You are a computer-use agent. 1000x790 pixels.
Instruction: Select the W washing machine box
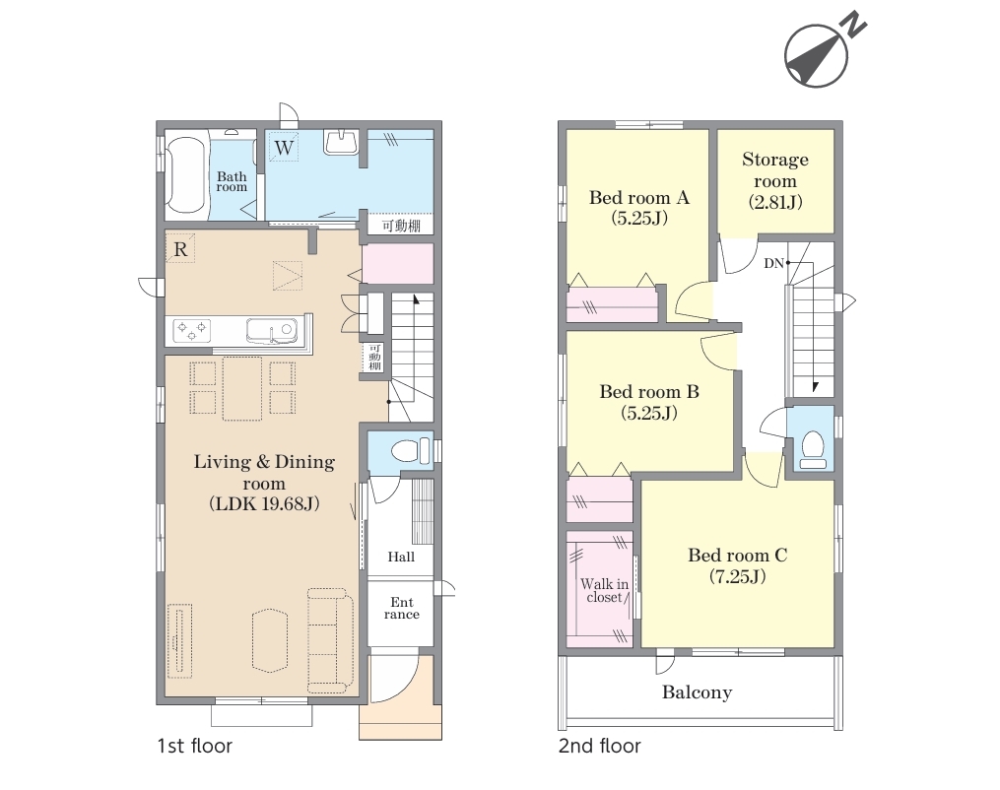click(x=284, y=148)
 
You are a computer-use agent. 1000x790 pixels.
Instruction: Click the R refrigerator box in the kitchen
click(x=180, y=249)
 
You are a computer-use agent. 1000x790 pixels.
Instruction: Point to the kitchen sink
click(x=271, y=330)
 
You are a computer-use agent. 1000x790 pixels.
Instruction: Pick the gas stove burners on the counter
click(x=192, y=330)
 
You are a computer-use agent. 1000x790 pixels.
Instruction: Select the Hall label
click(x=401, y=557)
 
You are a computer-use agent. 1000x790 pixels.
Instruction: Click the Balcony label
click(x=698, y=692)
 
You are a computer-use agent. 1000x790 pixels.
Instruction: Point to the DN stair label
click(x=773, y=263)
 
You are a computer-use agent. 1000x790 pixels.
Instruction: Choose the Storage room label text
click(x=775, y=180)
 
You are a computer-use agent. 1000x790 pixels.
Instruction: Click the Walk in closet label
click(x=604, y=590)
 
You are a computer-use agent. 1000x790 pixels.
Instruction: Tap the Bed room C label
click(x=738, y=565)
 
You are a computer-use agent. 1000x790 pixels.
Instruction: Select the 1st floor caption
click(x=194, y=746)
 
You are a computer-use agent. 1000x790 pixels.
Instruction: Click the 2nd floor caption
click(x=599, y=746)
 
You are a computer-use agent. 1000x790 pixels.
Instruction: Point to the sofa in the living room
click(x=330, y=640)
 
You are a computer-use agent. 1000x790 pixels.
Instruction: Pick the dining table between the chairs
click(x=242, y=388)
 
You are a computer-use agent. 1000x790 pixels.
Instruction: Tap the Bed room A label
click(x=639, y=208)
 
